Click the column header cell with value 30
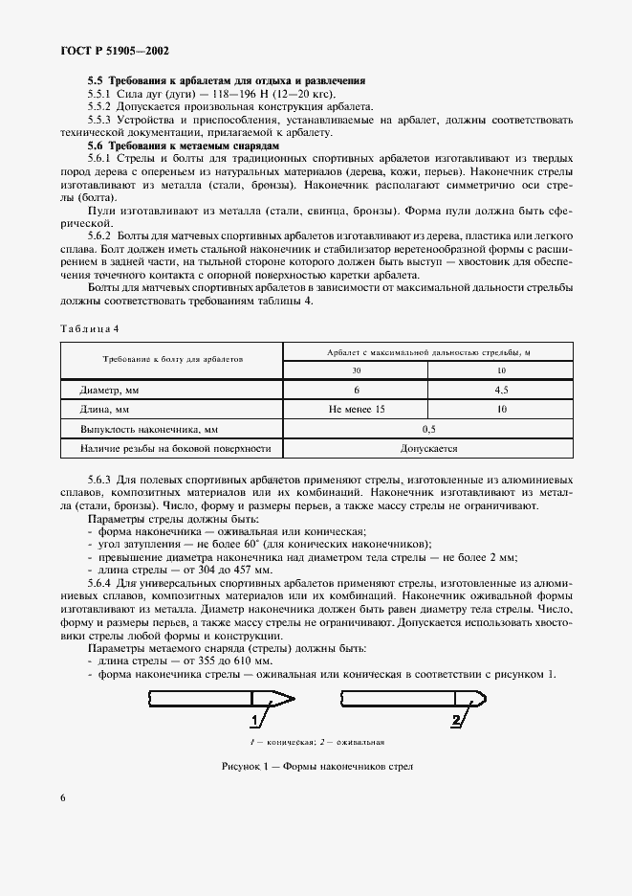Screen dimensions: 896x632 click(356, 370)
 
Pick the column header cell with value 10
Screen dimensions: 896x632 click(501, 370)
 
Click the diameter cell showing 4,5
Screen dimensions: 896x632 click(501, 391)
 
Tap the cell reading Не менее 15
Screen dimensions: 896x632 click(356, 410)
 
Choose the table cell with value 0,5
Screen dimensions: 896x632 click(428, 430)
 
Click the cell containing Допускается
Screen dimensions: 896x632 click(428, 448)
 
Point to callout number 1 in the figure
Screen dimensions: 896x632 click(254, 720)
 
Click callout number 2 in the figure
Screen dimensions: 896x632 click(455, 720)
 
